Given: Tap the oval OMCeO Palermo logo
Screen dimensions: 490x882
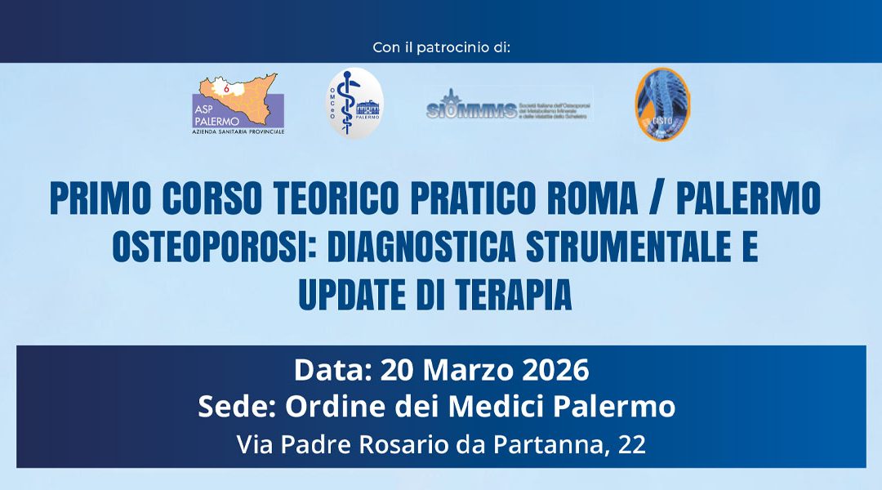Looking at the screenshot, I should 355,104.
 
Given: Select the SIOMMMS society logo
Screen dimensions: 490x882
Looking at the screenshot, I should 508,105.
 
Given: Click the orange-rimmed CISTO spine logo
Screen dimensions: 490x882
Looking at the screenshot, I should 662,104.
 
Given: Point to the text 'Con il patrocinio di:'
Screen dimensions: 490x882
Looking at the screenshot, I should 441,47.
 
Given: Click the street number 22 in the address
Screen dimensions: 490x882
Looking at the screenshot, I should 632,445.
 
